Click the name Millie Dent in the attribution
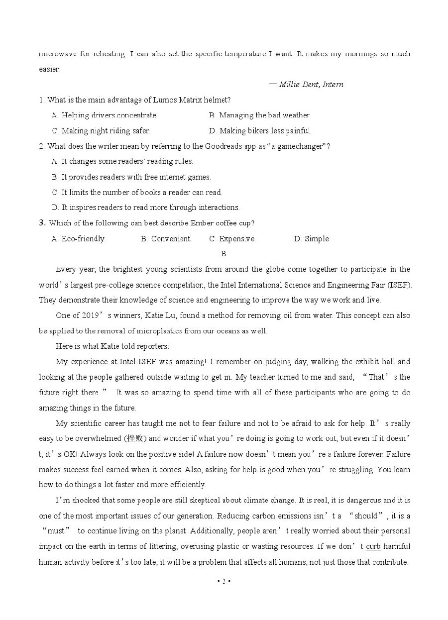(299, 85)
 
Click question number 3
(42, 223)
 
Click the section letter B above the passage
(224, 254)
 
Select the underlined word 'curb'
(373, 546)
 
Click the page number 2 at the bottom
(224, 582)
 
